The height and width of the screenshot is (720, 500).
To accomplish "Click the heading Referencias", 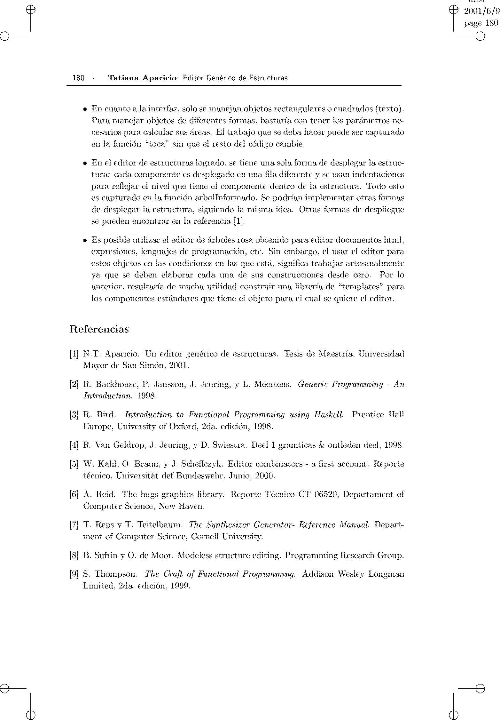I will click(99, 329).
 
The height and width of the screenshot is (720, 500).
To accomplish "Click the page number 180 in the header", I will click(78, 78).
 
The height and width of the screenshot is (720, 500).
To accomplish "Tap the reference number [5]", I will click(74, 464).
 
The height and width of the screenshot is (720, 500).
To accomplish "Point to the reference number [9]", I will click(74, 574).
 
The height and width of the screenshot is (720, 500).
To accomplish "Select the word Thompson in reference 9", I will click(116, 574).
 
